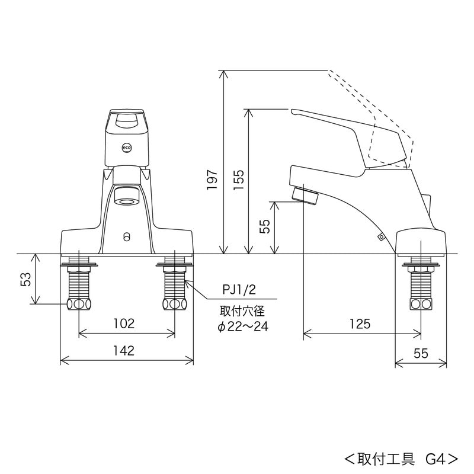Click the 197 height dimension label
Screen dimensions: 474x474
[212, 180]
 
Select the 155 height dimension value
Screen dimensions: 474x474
[238, 180]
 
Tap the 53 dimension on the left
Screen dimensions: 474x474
[25, 279]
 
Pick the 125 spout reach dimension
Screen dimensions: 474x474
[360, 324]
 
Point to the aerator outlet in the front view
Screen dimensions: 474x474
[126, 196]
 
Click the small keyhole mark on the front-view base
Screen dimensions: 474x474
[126, 237]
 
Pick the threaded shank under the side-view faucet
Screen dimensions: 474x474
[421, 284]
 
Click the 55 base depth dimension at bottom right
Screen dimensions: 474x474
[421, 353]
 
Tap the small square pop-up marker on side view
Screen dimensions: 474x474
[380, 238]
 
